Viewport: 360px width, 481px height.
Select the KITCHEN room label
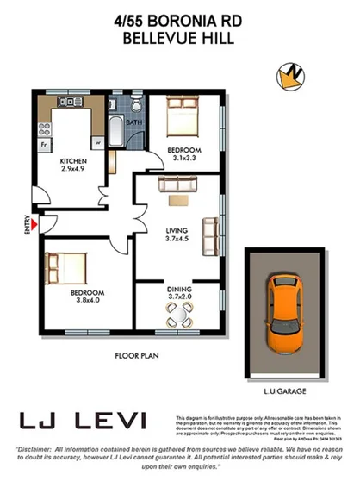click(71, 161)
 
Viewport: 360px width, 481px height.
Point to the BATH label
click(133, 123)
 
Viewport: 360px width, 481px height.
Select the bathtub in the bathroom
click(117, 129)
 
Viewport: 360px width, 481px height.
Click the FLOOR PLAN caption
click(136, 355)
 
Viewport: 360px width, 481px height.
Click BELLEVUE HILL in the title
click(179, 38)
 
